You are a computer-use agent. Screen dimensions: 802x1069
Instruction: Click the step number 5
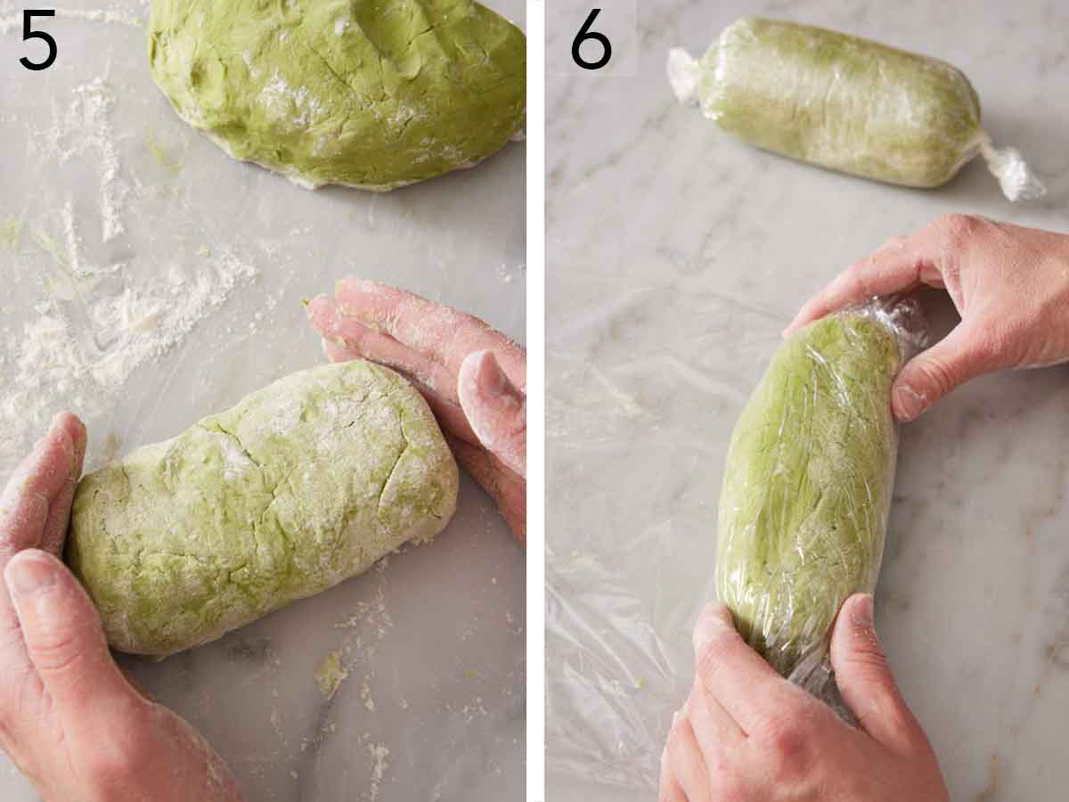[x=37, y=40]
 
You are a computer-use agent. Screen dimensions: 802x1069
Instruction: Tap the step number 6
[x=591, y=40]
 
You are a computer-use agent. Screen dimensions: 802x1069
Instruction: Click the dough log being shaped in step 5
[x=263, y=503]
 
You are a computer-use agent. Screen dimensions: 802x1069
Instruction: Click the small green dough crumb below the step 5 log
[x=330, y=673]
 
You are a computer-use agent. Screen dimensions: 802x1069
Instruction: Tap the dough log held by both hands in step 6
[x=806, y=481]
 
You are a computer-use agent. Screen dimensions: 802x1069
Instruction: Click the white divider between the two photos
[x=534, y=401]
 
